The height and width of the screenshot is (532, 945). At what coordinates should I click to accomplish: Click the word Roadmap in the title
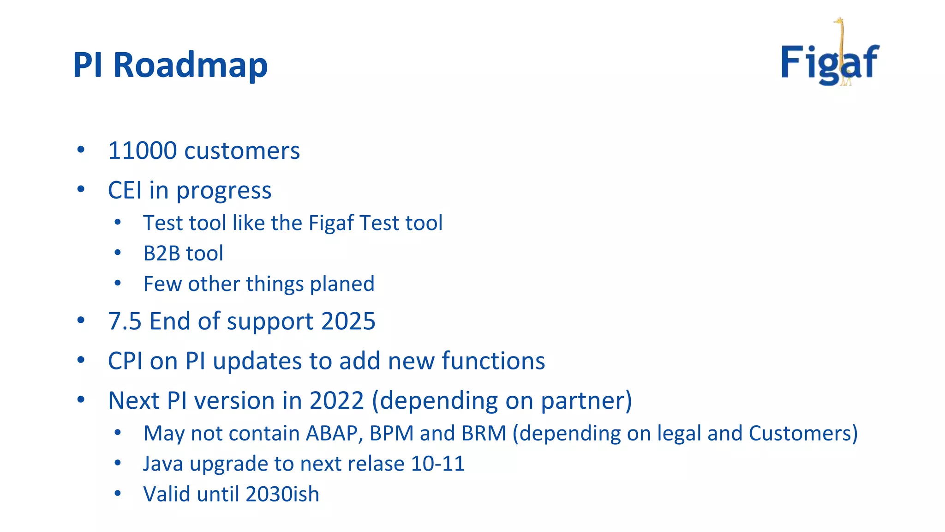coord(190,65)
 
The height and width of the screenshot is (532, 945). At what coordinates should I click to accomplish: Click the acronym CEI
coord(125,190)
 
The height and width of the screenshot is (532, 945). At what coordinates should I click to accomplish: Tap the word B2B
coord(161,254)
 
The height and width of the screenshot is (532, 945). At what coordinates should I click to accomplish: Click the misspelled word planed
coord(342,284)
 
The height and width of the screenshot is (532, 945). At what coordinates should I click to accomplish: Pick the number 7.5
coord(124,321)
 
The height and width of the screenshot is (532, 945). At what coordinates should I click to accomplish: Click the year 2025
coord(348,321)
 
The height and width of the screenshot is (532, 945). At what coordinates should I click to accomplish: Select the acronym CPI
coord(125,361)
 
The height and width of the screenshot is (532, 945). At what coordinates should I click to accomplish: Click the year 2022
coord(336,400)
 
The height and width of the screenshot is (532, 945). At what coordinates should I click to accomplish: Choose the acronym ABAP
coord(331,434)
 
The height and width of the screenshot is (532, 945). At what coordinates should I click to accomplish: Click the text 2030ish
coord(282,494)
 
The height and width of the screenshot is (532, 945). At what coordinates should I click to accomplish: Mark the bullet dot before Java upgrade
coord(118,463)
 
